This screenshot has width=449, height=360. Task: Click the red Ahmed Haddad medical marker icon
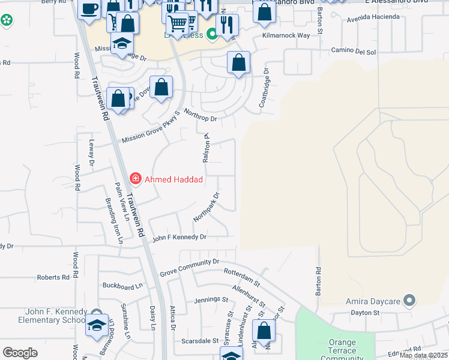(136, 179)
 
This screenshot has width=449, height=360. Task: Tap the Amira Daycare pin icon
(409, 299)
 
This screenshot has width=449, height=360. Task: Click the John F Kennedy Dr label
(179, 238)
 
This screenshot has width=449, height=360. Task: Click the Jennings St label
(211, 299)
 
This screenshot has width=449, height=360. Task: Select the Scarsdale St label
(200, 340)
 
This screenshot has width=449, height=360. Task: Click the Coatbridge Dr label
(265, 91)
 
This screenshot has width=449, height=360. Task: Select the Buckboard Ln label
(123, 286)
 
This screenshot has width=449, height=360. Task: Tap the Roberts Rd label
(53, 277)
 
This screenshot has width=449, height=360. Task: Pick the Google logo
(20, 352)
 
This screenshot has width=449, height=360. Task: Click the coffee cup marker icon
(89, 10)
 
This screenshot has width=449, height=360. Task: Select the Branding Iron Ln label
(114, 220)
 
